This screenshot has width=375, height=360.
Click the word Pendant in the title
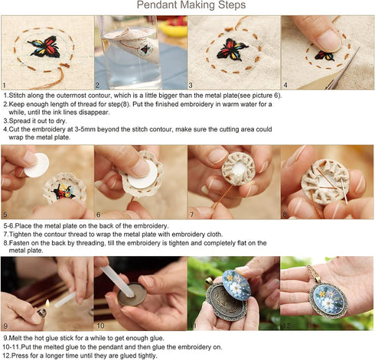click(x=158, y=6)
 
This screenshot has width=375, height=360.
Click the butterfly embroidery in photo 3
click(x=230, y=50)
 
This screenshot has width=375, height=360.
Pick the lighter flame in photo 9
click(x=44, y=303)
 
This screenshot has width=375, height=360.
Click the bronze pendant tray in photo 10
click(x=129, y=294)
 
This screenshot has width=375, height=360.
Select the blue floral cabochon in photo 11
click(x=224, y=289)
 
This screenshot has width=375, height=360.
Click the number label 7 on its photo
click(x=192, y=216)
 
